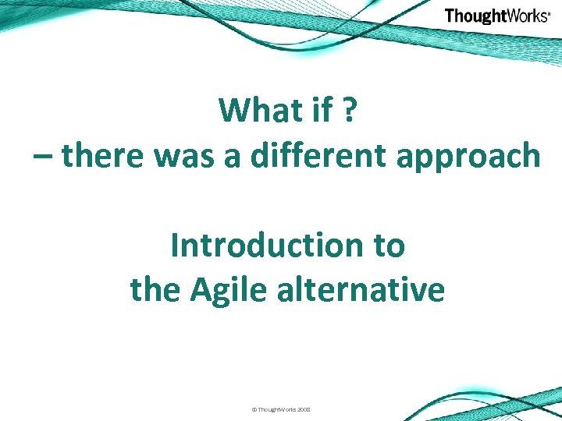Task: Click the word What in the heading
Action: (x=254, y=111)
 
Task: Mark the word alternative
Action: (x=356, y=291)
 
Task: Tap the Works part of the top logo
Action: (x=525, y=16)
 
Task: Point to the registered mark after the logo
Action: (x=550, y=12)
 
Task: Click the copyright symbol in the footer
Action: (x=254, y=409)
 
